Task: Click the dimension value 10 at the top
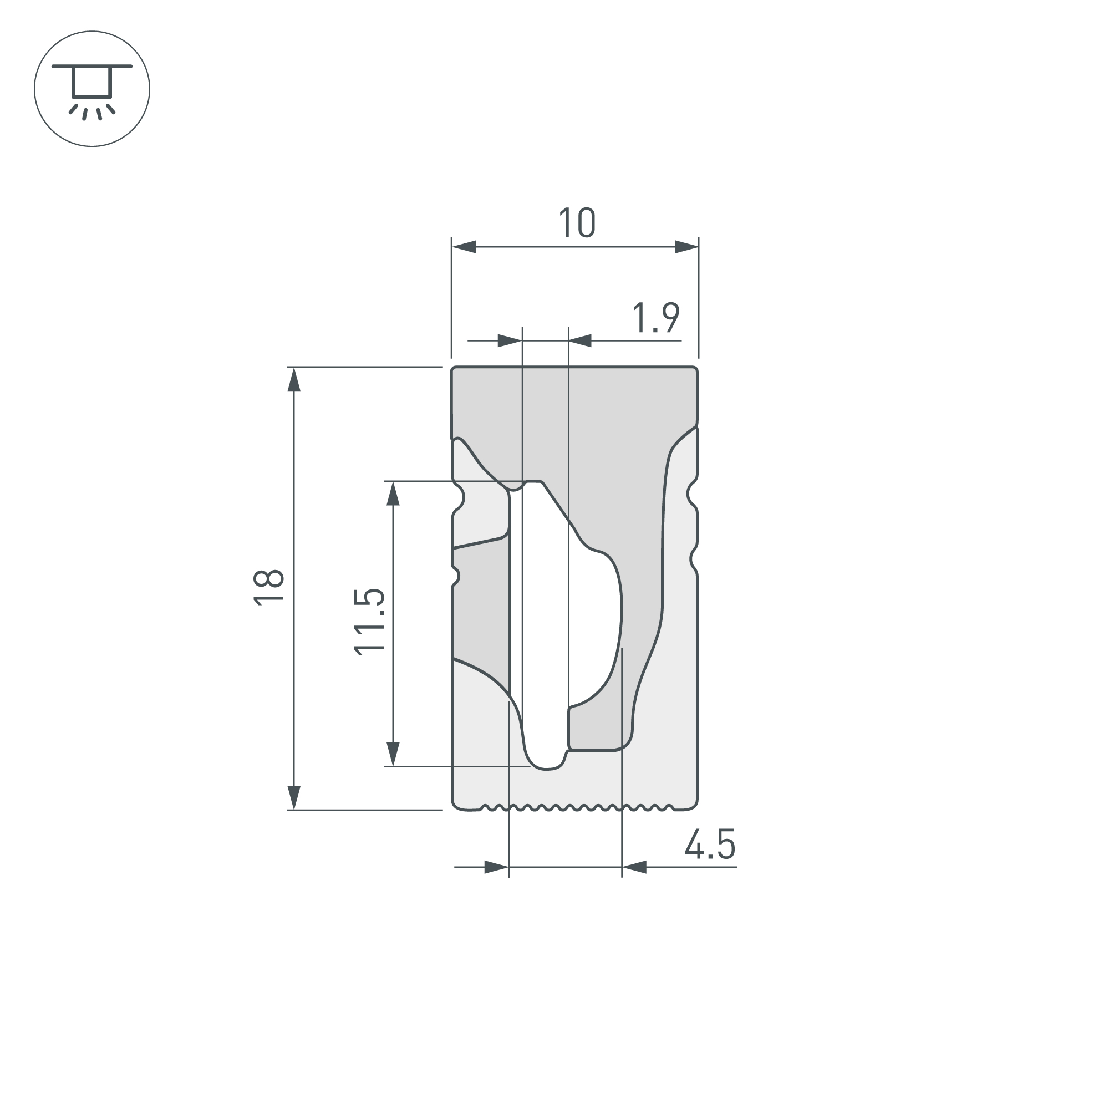pos(577,223)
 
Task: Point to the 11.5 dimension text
pos(369,622)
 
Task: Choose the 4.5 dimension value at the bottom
pos(710,844)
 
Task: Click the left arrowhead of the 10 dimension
pos(464,247)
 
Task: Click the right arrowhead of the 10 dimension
pos(686,247)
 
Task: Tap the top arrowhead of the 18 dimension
pos(294,380)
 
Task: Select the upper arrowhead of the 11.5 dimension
pos(393,494)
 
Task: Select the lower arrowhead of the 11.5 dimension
pos(393,754)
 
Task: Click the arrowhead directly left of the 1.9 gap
pos(509,341)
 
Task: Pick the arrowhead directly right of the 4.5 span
pos(635,867)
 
